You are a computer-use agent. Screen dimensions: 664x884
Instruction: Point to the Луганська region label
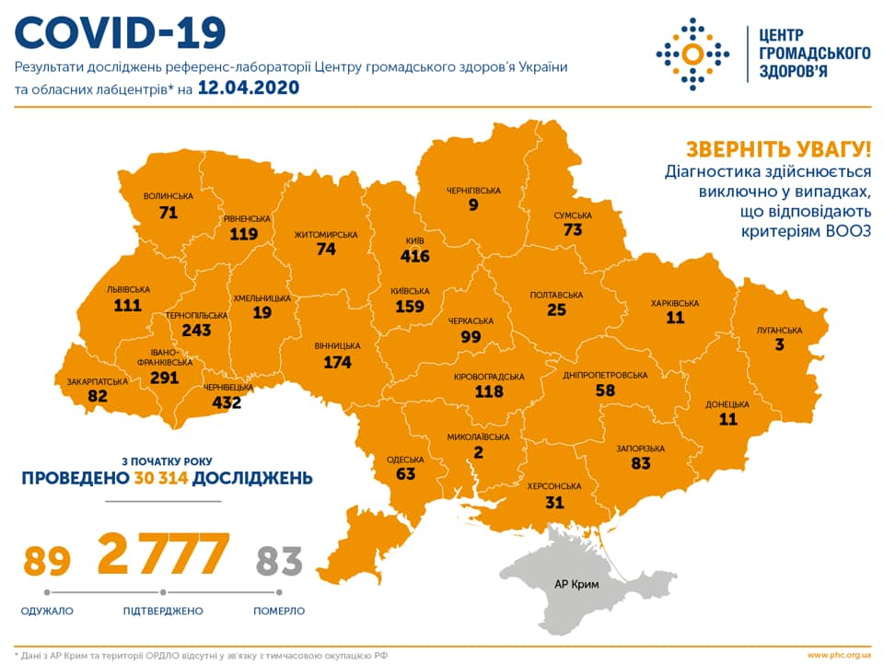click(x=781, y=330)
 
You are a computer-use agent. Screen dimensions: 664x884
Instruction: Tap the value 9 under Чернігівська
click(x=473, y=205)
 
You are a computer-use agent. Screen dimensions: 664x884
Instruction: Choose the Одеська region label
click(x=405, y=459)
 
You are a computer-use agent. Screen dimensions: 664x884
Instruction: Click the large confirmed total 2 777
click(x=163, y=553)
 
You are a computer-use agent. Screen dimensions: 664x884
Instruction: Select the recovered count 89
click(x=46, y=560)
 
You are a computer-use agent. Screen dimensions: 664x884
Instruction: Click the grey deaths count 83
click(x=280, y=560)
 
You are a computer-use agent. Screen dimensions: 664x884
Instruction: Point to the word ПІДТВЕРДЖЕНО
click(x=163, y=611)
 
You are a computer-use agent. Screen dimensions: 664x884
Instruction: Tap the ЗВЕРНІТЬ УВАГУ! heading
click(x=777, y=150)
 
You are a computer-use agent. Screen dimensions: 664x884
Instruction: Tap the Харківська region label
click(x=674, y=303)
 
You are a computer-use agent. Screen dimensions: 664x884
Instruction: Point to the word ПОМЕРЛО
click(x=280, y=611)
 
